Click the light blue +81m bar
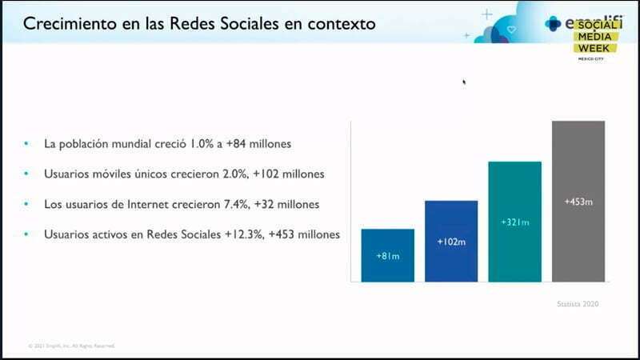click(x=387, y=255)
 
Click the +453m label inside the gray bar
click(x=578, y=202)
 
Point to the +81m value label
click(x=387, y=256)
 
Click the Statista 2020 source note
click(x=578, y=304)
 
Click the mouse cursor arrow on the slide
click(x=464, y=81)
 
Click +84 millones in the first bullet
click(x=261, y=144)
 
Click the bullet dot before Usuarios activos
click(x=26, y=234)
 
